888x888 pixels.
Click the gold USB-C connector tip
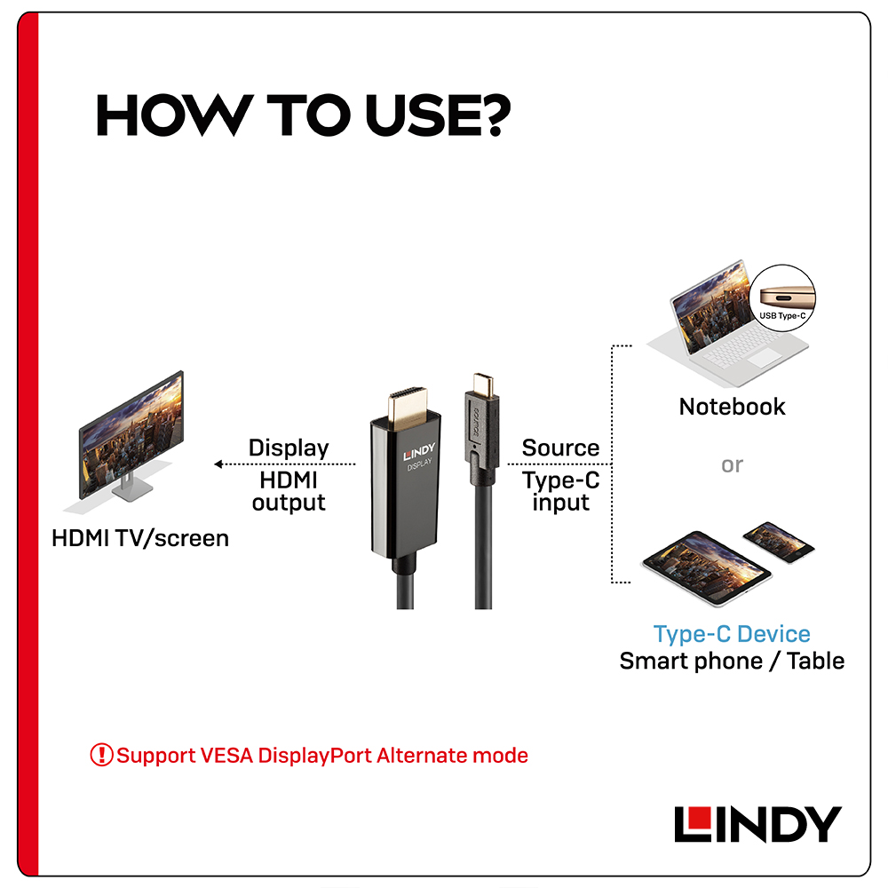coord(483,384)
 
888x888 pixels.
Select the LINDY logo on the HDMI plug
coord(419,452)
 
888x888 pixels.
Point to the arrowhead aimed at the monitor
coord(218,464)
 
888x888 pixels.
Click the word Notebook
coord(732,407)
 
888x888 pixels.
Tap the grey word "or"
coord(732,465)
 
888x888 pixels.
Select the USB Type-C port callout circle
coord(782,297)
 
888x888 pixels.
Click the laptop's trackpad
coord(764,357)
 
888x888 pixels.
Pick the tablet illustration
coord(706,567)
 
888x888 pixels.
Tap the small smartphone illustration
coord(778,542)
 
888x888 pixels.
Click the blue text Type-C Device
coord(732,634)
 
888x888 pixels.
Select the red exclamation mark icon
coord(101,755)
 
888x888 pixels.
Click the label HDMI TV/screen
coord(140,539)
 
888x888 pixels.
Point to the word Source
coord(560,448)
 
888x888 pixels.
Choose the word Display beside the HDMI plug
coord(289,448)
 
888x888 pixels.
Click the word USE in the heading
coord(424,115)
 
